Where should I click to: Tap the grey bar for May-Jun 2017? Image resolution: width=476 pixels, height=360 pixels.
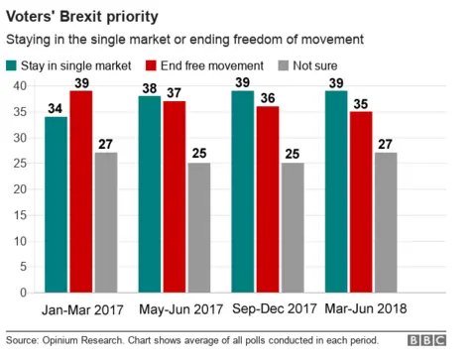198,228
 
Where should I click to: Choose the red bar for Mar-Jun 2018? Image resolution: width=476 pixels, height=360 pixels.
359,202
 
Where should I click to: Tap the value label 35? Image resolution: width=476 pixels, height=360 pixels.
359,102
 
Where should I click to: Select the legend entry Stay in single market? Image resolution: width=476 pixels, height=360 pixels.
69,65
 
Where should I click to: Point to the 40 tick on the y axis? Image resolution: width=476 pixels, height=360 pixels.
19,85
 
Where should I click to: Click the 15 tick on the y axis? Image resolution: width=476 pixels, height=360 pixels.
19,215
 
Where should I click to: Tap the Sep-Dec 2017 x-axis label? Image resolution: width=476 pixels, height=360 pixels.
275,309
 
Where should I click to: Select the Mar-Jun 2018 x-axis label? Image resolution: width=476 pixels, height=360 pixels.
368,309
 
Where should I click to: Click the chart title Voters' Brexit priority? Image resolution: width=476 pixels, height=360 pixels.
78,17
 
